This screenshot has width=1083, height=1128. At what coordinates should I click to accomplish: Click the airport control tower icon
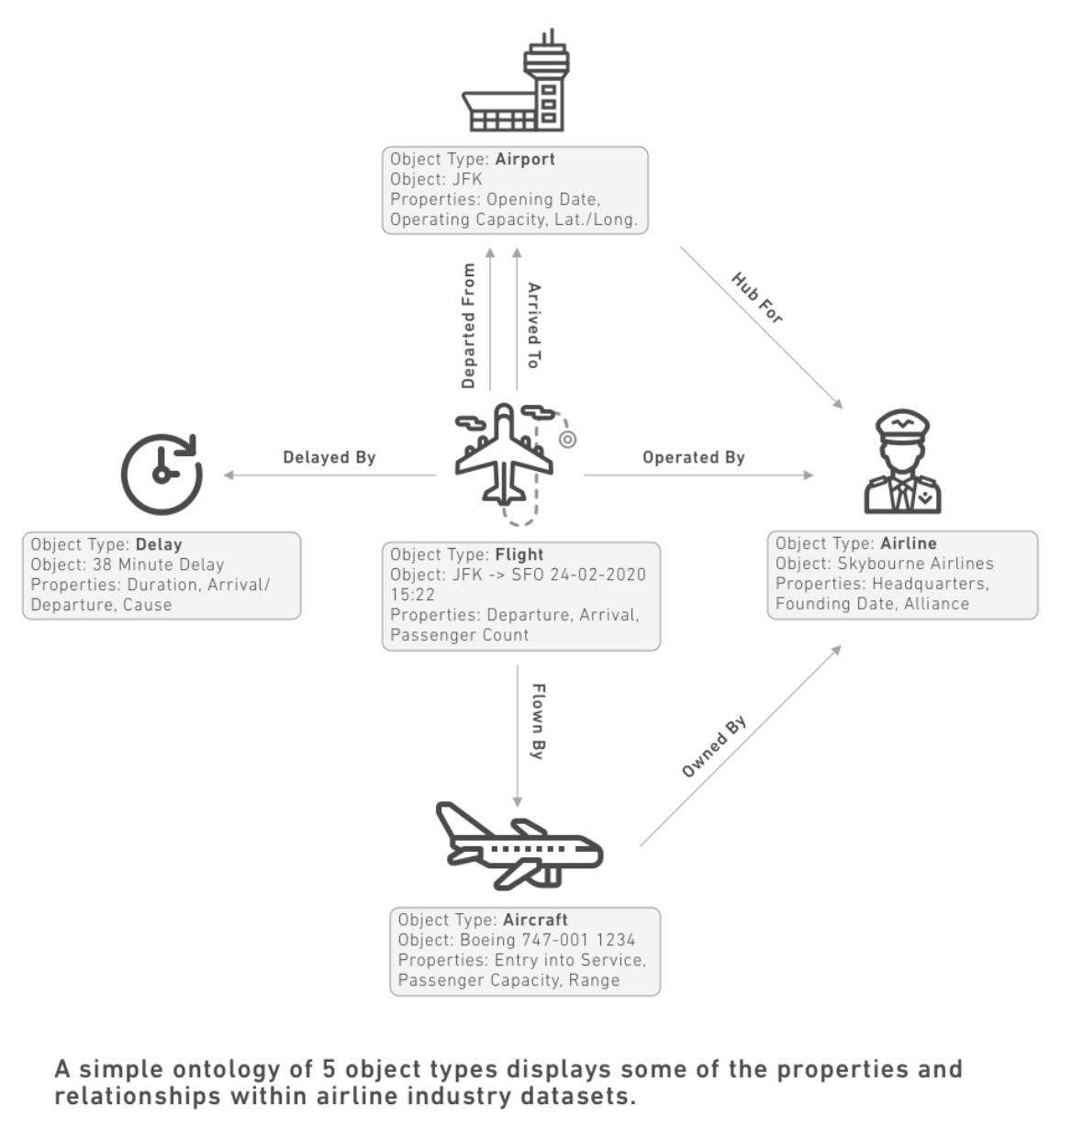516,80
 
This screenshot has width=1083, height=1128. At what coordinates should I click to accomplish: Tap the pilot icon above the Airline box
902,462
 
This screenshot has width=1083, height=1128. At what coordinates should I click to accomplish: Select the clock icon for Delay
162,475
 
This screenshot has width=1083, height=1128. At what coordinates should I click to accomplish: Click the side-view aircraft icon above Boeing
519,845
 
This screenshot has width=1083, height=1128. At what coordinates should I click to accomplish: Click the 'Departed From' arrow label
468,326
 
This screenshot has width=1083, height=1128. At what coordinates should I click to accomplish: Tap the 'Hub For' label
756,297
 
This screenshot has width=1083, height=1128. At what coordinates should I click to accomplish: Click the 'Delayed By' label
329,457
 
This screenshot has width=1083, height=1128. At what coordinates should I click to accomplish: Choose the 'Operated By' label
694,457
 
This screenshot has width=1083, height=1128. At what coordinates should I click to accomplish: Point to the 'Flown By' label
538,721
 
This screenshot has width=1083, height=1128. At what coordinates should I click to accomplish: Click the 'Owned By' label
714,746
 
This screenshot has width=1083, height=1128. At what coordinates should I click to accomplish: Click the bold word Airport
525,160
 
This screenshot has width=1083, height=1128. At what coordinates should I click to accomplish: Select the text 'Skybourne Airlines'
915,564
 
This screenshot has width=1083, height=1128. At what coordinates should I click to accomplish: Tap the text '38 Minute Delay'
158,564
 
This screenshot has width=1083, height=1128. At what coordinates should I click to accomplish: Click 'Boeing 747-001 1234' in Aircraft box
547,940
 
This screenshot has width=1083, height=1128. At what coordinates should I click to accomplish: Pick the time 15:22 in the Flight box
412,595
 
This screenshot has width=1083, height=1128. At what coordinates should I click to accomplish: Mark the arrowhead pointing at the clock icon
229,475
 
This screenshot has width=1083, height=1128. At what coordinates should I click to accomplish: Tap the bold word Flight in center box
519,554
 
